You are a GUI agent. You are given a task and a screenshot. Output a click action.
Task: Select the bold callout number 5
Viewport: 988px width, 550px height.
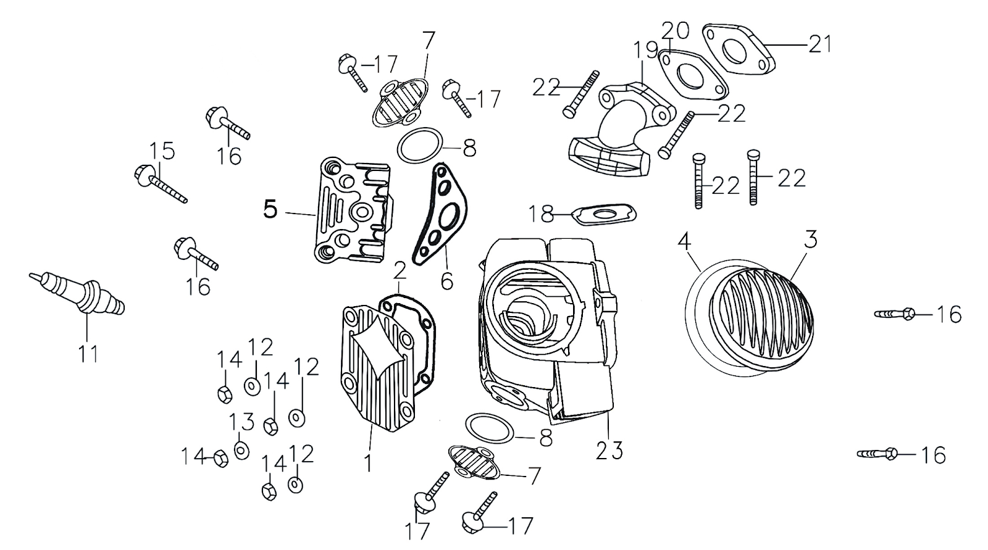(x=270, y=210)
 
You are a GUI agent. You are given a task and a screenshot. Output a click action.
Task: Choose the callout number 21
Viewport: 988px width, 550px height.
(x=819, y=44)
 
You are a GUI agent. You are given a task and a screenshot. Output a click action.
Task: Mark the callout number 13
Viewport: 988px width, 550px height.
(x=242, y=423)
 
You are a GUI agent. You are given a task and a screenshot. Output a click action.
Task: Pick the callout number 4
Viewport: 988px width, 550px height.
(x=683, y=241)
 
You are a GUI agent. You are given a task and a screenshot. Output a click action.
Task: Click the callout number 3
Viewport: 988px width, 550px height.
(x=811, y=240)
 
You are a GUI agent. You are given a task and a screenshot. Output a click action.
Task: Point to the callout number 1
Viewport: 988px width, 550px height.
(x=368, y=463)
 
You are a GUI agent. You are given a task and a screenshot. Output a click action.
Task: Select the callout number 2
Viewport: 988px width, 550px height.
(x=400, y=270)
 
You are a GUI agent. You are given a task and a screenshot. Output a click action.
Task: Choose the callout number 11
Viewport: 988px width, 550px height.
(x=88, y=354)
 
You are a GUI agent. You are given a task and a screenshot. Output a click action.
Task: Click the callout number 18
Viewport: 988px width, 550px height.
(x=541, y=214)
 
